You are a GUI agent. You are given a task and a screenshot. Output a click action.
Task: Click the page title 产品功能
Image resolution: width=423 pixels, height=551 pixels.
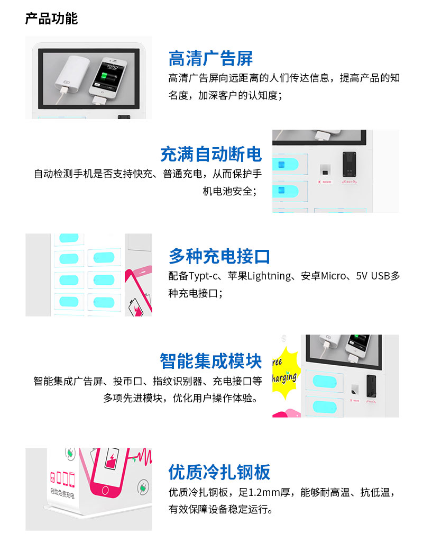pos(51,19)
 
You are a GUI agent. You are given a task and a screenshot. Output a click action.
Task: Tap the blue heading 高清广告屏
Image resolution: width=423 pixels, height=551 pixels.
pos(210,58)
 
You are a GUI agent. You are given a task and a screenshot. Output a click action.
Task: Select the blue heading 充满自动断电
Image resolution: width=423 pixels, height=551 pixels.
pos(211,154)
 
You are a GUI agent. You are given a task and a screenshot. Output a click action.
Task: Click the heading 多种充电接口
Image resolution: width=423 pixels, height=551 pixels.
pos(219,256)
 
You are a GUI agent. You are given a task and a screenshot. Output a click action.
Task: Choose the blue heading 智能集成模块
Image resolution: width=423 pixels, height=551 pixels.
pos(211,361)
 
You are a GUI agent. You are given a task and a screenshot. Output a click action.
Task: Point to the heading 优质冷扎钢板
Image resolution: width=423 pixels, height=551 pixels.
pos(219,472)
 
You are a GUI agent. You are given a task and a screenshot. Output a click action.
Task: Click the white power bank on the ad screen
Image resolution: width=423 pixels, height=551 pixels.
pos(71,75)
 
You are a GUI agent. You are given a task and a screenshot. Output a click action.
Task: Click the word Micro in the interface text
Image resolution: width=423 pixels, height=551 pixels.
pos(333,276)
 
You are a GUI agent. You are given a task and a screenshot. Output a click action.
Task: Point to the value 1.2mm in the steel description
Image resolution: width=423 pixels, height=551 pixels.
pos(264,492)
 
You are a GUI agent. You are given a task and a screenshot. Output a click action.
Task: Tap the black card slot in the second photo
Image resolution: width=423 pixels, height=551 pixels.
pos(350,164)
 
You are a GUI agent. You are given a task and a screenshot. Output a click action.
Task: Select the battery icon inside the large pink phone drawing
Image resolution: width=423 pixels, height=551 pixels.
pos(112,458)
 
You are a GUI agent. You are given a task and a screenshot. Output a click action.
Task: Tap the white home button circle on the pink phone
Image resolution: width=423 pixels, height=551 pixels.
pos(105,490)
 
